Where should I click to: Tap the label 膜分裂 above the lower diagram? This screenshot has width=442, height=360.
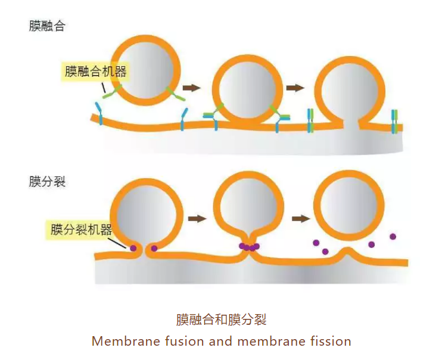click(46, 181)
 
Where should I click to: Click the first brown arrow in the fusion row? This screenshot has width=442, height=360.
click(192, 88)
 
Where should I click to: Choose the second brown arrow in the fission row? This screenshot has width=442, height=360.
click(300, 219)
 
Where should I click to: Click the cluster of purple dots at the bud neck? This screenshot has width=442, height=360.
click(249, 247)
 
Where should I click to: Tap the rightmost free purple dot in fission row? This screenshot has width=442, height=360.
click(393, 237)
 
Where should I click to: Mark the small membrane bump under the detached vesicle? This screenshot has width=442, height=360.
click(348, 255)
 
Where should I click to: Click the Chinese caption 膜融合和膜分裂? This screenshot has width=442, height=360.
click(221, 319)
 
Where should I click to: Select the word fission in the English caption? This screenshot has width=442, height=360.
click(331, 342)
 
